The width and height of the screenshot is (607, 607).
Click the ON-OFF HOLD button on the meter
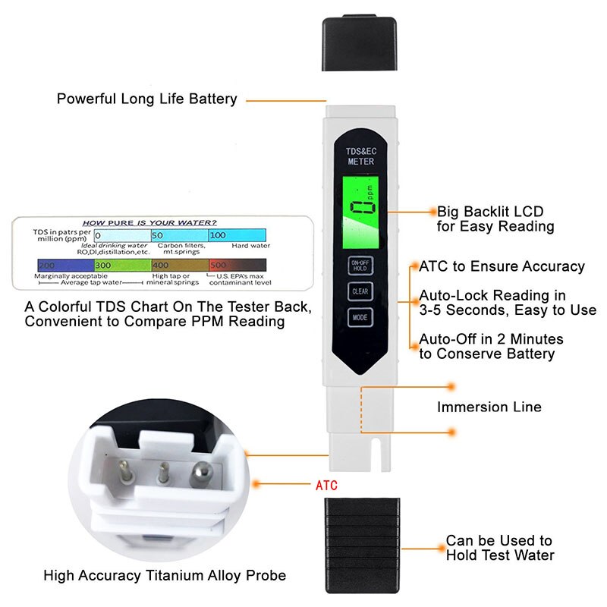[358, 264]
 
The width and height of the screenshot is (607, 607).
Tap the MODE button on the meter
[358, 318]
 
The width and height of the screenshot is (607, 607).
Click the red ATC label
[326, 485]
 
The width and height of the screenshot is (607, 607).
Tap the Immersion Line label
[489, 407]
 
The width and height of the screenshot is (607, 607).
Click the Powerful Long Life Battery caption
[147, 99]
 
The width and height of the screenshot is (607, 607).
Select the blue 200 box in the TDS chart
[64, 266]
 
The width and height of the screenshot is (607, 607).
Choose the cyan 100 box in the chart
[237, 235]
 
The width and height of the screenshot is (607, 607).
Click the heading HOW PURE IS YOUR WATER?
[149, 222]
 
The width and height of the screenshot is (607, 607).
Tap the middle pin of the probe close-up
[161, 477]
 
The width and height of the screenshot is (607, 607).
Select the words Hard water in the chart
[250, 246]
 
